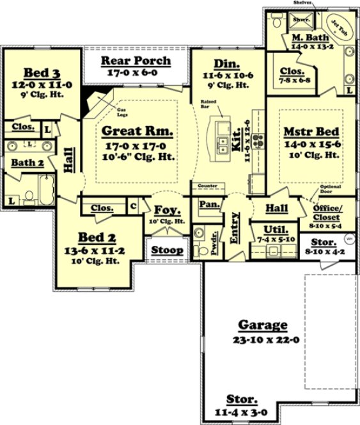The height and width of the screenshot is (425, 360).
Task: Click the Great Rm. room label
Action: [x=137, y=132]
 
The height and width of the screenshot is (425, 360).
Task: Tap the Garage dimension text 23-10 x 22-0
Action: [x=263, y=339]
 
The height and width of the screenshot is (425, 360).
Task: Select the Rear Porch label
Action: [x=136, y=61]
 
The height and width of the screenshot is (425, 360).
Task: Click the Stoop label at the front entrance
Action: [x=167, y=250]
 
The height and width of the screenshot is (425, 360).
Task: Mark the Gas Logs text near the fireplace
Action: [x=121, y=113]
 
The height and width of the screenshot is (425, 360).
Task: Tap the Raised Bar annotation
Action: [x=208, y=104]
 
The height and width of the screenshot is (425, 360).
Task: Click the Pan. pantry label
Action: [x=209, y=204]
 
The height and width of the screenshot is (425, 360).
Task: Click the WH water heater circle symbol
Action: [x=350, y=239]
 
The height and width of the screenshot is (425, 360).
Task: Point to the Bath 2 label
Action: [x=27, y=163]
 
